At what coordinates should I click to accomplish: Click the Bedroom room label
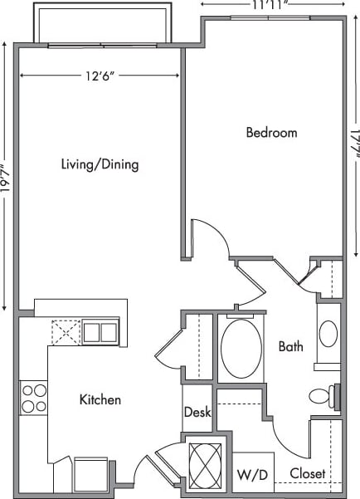(271, 132)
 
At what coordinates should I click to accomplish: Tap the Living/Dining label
(100, 164)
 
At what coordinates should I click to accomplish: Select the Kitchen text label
(100, 400)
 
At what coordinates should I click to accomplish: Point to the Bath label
(290, 346)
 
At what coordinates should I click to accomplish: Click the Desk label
(197, 412)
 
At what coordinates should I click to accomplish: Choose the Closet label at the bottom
(308, 474)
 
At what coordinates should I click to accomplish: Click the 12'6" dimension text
(98, 76)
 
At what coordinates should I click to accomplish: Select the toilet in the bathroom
(321, 396)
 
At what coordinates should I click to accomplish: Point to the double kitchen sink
(100, 332)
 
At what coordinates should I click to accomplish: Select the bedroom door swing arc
(209, 240)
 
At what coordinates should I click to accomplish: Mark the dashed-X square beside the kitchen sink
(65, 333)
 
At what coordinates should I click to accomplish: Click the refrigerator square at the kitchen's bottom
(90, 474)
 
